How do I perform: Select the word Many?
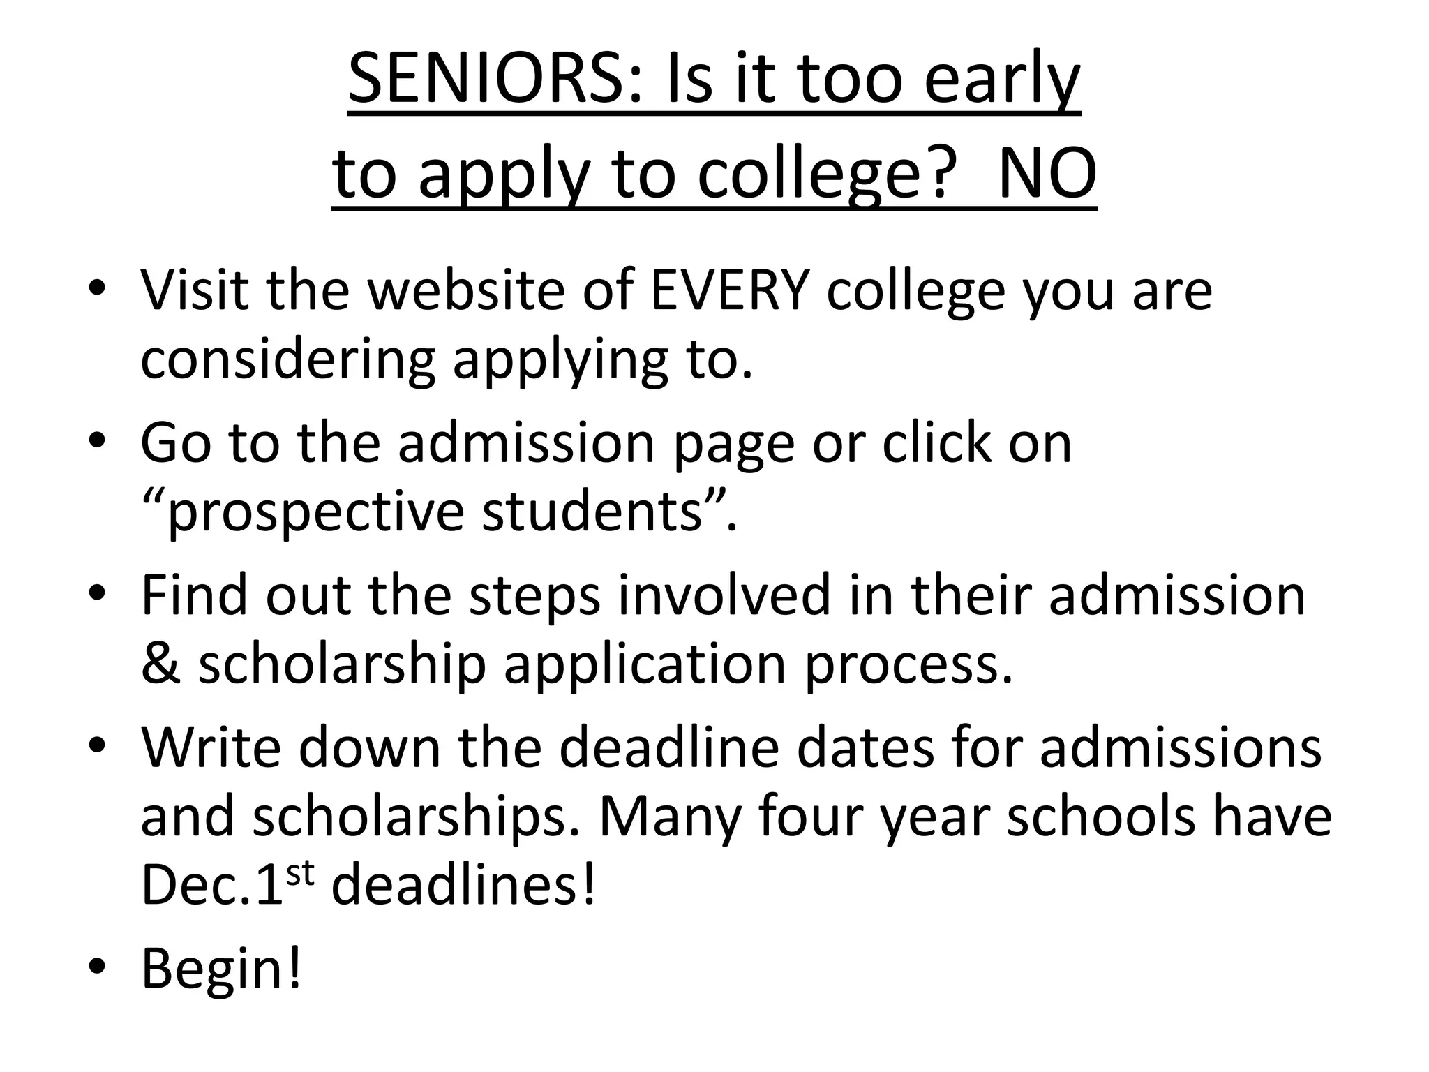point(670,818)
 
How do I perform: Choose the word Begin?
point(221,969)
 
